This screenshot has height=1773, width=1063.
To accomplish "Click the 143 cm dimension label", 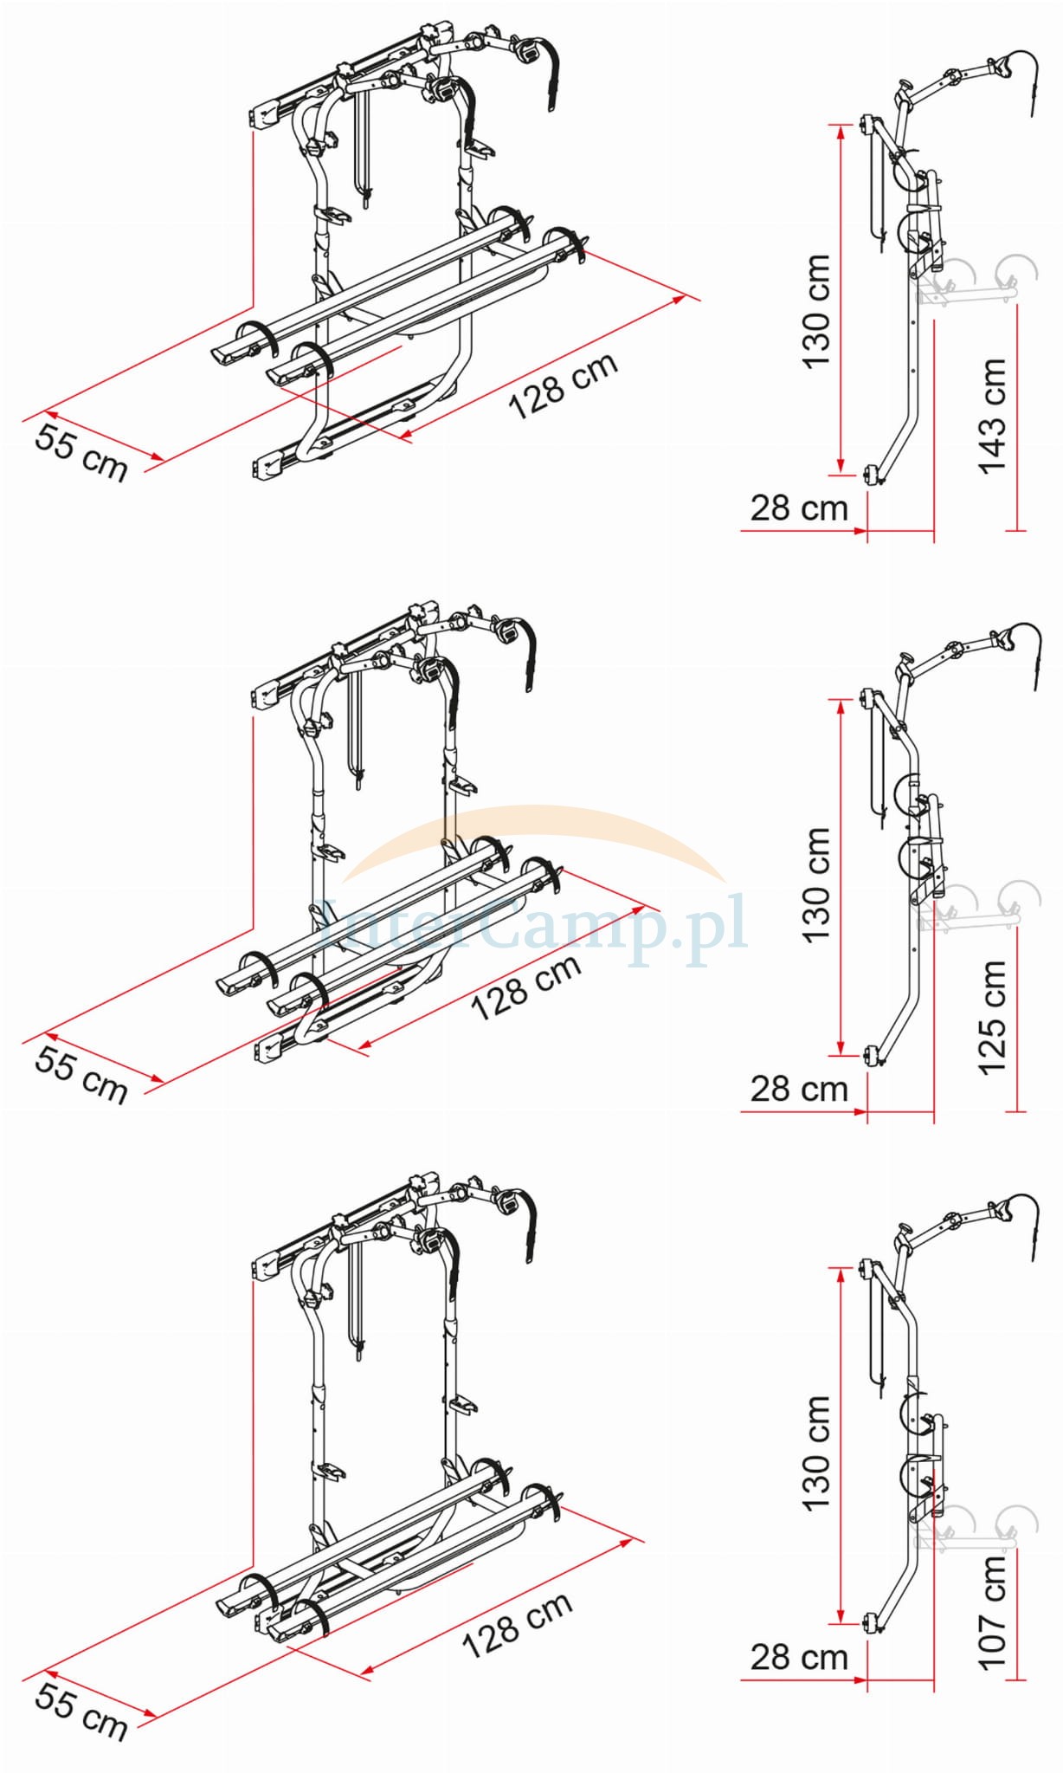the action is click(x=993, y=415).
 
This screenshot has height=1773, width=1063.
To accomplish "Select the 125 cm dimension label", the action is click(x=993, y=1017).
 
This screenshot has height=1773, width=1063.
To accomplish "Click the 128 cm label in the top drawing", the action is click(x=564, y=385).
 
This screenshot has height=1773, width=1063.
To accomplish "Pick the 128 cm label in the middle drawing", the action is click(x=526, y=987).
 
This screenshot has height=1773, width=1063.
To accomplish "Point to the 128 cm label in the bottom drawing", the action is click(x=518, y=1625).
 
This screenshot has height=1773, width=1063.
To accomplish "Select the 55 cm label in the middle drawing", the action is click(x=81, y=1074).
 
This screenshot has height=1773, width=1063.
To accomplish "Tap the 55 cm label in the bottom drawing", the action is click(x=81, y=1712).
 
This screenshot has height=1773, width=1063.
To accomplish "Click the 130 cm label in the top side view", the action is click(x=816, y=312).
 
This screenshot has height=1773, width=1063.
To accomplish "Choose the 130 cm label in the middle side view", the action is click(x=816, y=885).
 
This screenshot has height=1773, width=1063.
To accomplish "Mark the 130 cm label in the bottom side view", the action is click(x=816, y=1453).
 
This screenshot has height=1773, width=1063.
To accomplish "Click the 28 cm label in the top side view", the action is click(x=799, y=508).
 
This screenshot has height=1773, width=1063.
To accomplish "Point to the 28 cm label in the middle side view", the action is click(x=799, y=1089).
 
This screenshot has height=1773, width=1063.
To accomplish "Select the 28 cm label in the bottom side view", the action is click(x=799, y=1657).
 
